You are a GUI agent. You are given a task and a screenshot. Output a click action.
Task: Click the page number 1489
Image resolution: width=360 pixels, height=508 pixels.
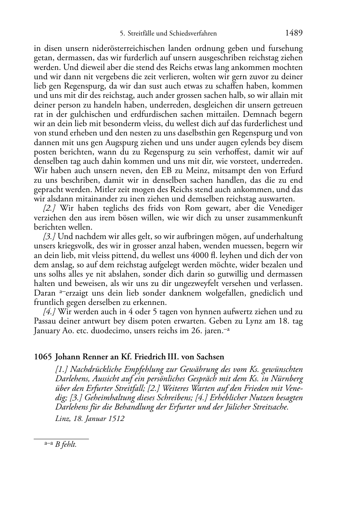click(x=294, y=33)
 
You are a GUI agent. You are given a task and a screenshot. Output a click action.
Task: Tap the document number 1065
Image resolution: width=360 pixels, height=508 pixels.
click(x=43, y=357)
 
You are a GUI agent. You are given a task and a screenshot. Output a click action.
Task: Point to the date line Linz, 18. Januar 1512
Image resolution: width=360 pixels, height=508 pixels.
click(x=90, y=418)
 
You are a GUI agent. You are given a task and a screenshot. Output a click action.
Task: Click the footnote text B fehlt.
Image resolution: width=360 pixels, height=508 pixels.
click(x=66, y=445)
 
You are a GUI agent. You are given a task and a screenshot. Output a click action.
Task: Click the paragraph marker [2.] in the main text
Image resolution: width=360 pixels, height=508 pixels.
click(x=50, y=209)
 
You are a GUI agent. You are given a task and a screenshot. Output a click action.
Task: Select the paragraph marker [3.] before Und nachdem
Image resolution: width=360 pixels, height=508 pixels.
click(x=49, y=237)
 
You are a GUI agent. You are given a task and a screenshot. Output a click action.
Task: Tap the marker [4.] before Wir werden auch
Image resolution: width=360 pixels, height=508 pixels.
click(x=49, y=312)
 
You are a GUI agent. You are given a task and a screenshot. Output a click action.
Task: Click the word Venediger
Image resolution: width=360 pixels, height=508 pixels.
click(x=285, y=209)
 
